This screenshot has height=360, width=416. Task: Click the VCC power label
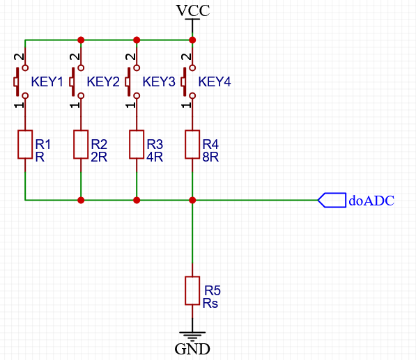pyautogui.click(x=193, y=10)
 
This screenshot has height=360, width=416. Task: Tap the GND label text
pyautogui.click(x=192, y=349)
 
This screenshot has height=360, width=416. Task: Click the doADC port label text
pyautogui.click(x=371, y=201)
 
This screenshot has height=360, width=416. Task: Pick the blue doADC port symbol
pyautogui.click(x=332, y=200)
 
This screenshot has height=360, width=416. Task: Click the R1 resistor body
pyautogui.click(x=25, y=144)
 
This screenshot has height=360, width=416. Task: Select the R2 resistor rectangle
pyautogui.click(x=81, y=144)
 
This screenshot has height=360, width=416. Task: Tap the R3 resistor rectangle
pyautogui.click(x=137, y=144)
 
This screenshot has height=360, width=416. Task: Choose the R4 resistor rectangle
pyautogui.click(x=192, y=144)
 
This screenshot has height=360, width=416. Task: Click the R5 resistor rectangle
pyautogui.click(x=192, y=291)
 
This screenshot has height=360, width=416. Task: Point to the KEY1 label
pyautogui.click(x=47, y=81)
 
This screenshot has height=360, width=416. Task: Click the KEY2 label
pyautogui.click(x=103, y=81)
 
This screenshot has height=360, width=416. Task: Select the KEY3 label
pyautogui.click(x=159, y=81)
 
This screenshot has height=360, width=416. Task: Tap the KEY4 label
pyautogui.click(x=215, y=81)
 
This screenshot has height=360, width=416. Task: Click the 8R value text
pyautogui.click(x=210, y=157)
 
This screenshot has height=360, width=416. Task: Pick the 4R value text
pyautogui.click(x=155, y=157)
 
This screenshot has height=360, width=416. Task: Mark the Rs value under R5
pyautogui.click(x=210, y=304)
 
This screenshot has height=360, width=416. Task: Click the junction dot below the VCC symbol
pyautogui.click(x=192, y=40)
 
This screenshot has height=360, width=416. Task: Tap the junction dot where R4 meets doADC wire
pyautogui.click(x=192, y=200)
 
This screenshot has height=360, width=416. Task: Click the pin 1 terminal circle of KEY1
pyautogui.click(x=25, y=95)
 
